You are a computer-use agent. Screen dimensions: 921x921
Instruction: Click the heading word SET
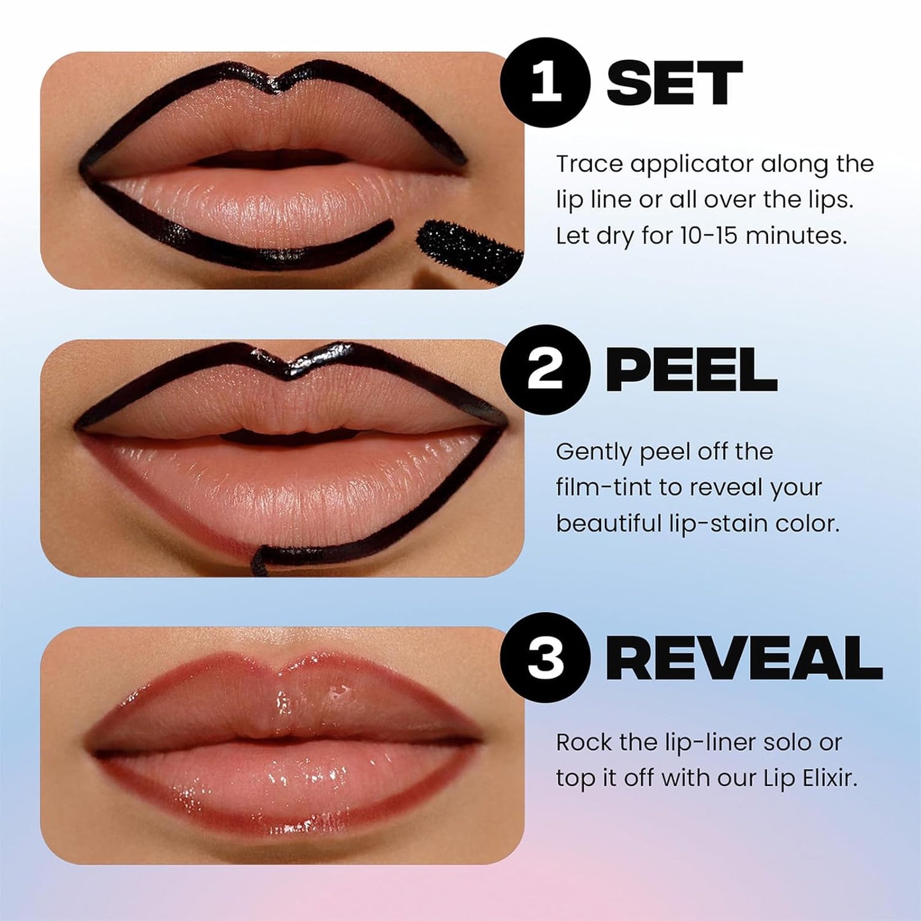click(674, 83)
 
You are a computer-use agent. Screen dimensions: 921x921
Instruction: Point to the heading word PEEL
click(691, 370)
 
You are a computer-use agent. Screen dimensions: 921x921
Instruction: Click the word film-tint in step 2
click(604, 488)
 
